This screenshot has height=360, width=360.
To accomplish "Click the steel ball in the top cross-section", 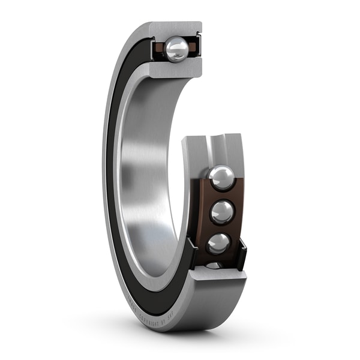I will pyautogui.click(x=176, y=49).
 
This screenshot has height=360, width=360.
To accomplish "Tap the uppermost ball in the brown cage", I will pyautogui.click(x=221, y=178).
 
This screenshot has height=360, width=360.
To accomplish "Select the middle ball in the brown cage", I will pyautogui.click(x=222, y=212).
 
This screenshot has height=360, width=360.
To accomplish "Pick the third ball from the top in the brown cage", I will pyautogui.click(x=218, y=243).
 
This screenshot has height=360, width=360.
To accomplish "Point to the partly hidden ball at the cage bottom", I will pyautogui.click(x=214, y=265).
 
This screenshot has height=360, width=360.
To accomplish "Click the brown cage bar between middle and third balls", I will pyautogui.click(x=221, y=229).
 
